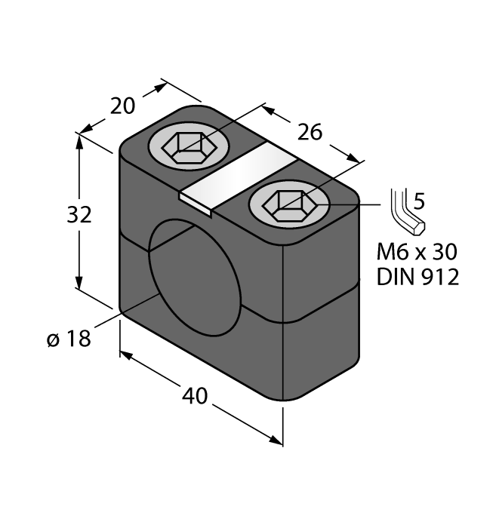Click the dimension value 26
pyautogui.click(x=310, y=132)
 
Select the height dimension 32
pyautogui.click(x=79, y=215)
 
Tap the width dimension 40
pyautogui.click(x=195, y=394)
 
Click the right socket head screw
pyautogui.click(x=289, y=204)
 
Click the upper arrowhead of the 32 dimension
pyautogui.click(x=79, y=140)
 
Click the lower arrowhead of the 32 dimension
pyautogui.click(x=79, y=283)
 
